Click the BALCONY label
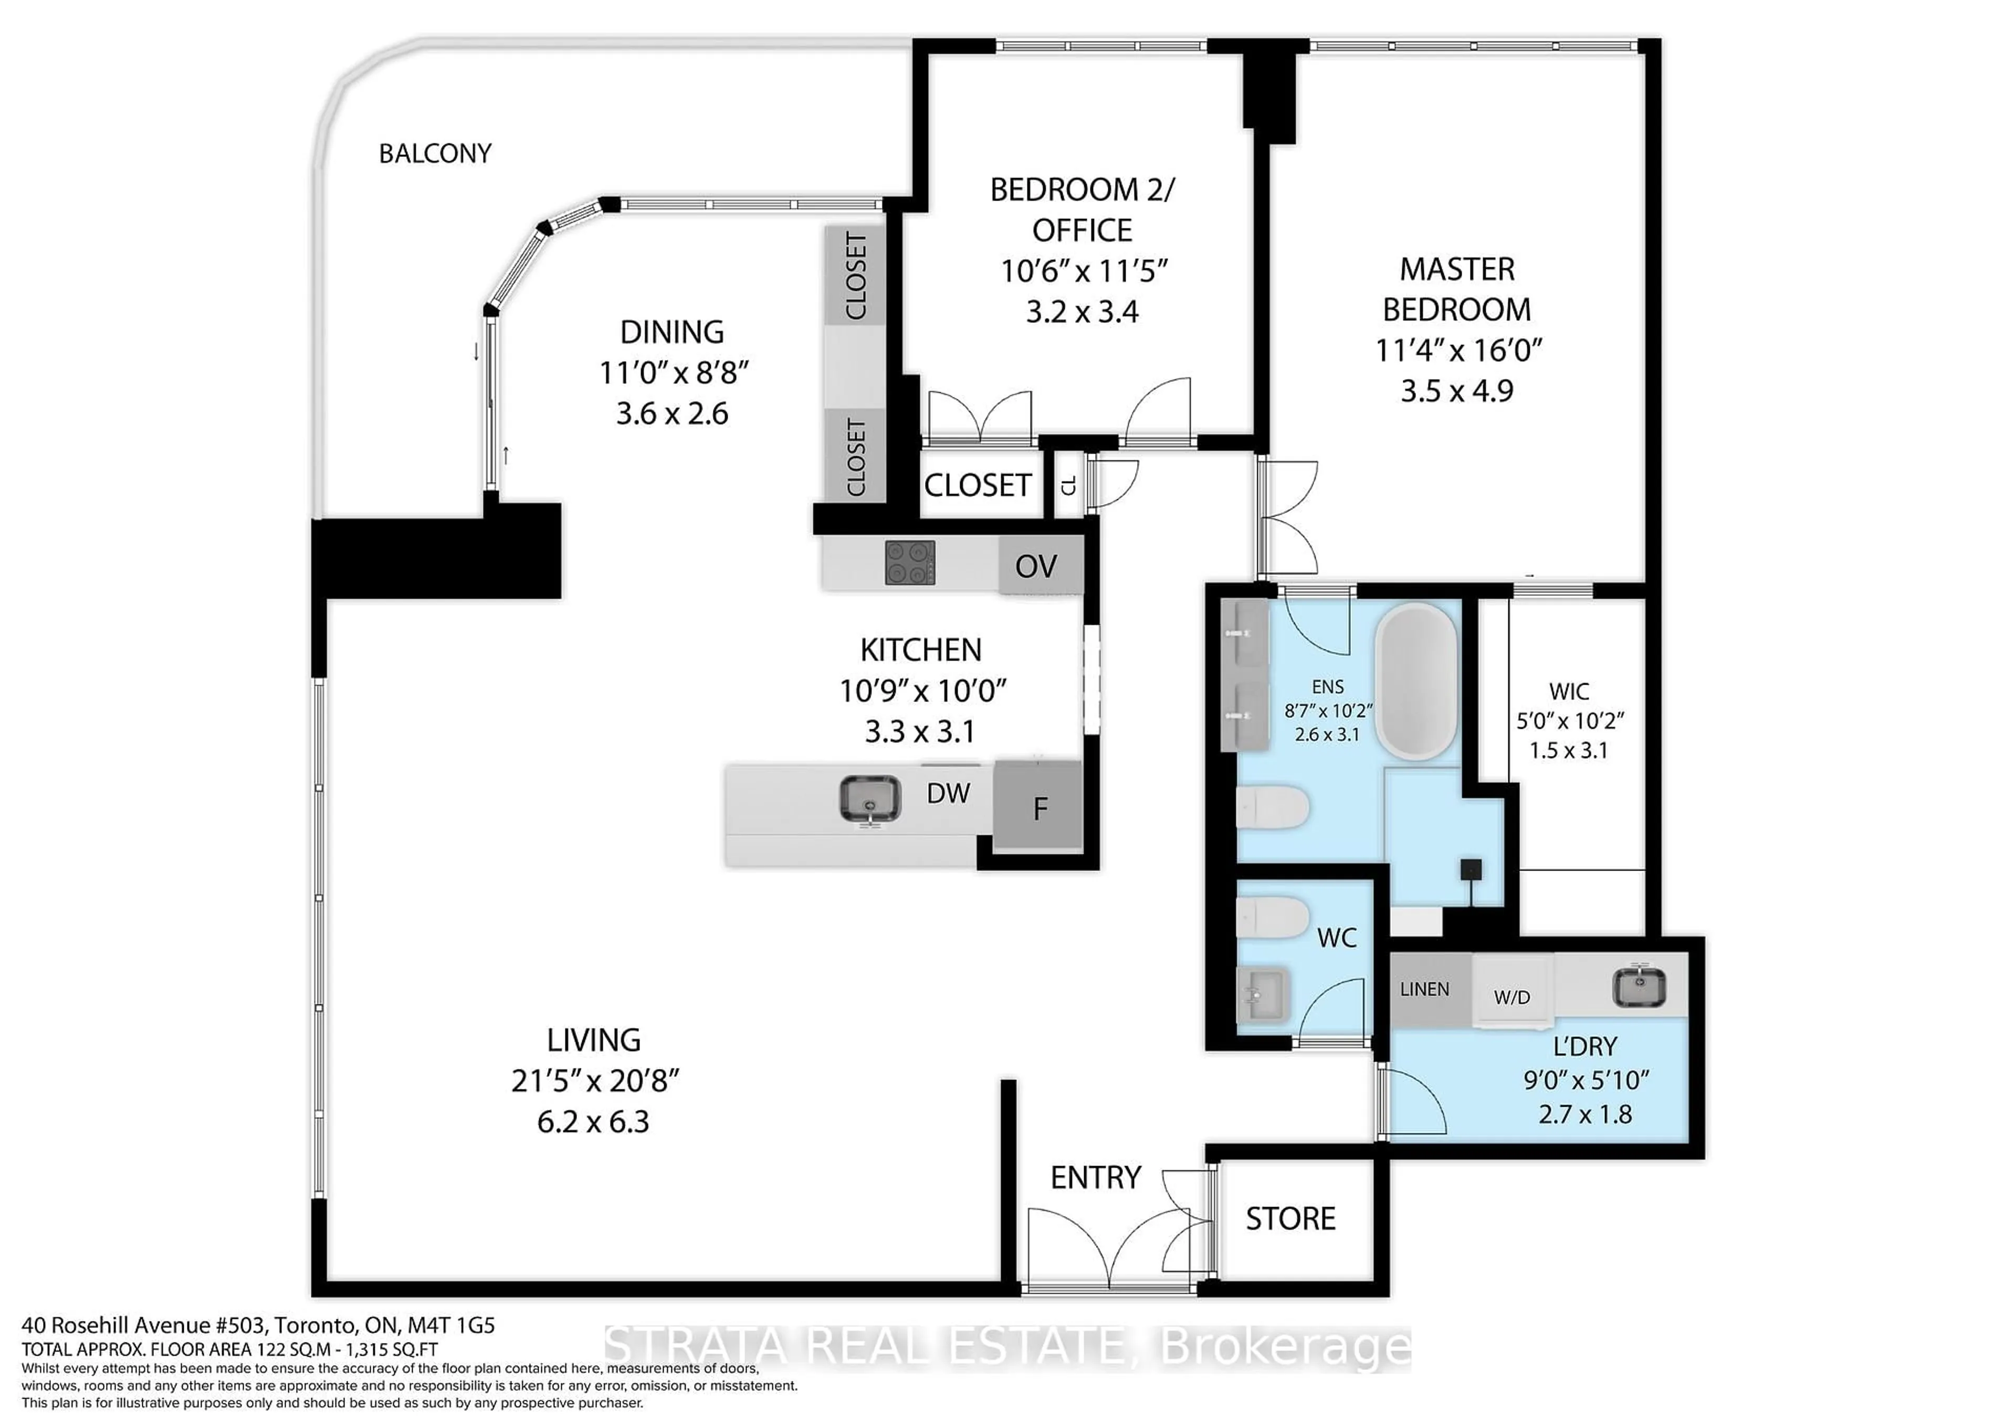click(435, 154)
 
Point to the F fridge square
click(1039, 808)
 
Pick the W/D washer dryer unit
click(1512, 997)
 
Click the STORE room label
click(1290, 1219)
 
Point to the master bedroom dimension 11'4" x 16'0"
click(1457, 350)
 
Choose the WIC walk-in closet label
click(1569, 691)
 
